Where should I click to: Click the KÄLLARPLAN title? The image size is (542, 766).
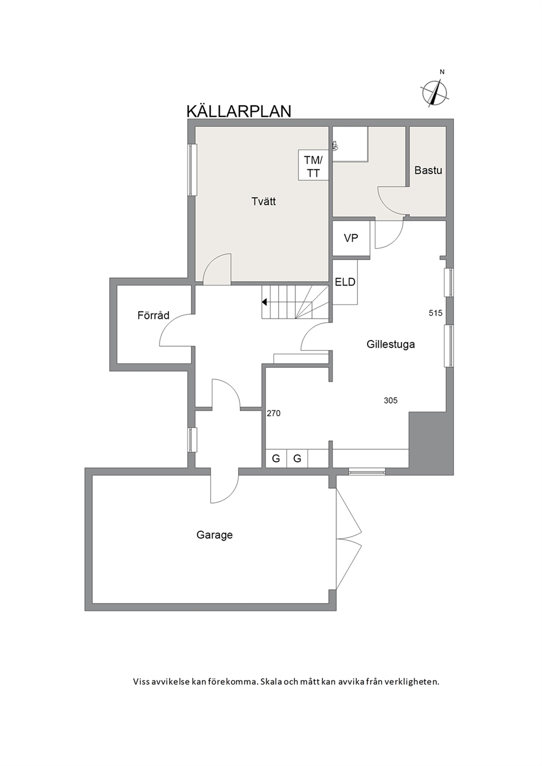[x=239, y=111]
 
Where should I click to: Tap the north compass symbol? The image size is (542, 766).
[x=434, y=92]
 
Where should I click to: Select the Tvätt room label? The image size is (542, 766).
[x=263, y=201]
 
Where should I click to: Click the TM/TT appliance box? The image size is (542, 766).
[x=314, y=165]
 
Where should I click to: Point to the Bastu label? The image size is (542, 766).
[x=428, y=170]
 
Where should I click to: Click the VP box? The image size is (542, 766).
[x=351, y=238]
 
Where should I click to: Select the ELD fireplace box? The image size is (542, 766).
[x=345, y=282]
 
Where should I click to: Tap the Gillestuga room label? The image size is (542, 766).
[x=391, y=344]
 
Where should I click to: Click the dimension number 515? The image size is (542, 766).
[x=435, y=312]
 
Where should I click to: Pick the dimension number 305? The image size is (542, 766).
[x=391, y=400]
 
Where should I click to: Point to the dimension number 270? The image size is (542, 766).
[x=273, y=413]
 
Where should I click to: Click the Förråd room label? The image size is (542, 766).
[x=154, y=315]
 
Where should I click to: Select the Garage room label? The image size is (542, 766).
[x=215, y=535]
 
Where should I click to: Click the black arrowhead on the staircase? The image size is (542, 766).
[x=264, y=302]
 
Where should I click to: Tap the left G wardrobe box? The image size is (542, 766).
[x=276, y=458]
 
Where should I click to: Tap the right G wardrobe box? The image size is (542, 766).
[x=297, y=458]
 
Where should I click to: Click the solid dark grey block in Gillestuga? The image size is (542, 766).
[x=431, y=443]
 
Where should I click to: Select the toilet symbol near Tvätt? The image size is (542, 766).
[x=335, y=146]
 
